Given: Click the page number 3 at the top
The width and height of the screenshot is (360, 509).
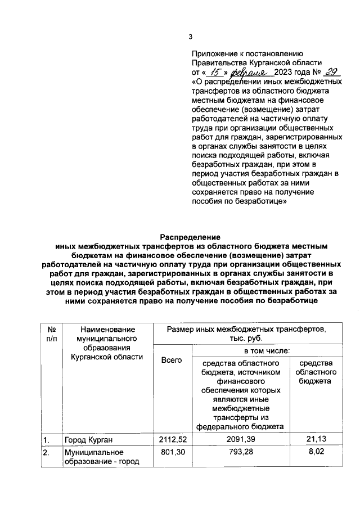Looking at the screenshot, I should tap(190, 37).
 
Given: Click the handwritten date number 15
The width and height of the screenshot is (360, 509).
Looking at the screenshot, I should tap(214, 73).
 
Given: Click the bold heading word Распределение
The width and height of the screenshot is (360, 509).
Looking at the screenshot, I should tap(189, 237).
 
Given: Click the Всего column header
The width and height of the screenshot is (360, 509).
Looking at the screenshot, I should tap(172, 360).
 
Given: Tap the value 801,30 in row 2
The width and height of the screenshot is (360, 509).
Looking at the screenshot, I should tap(172, 452).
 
